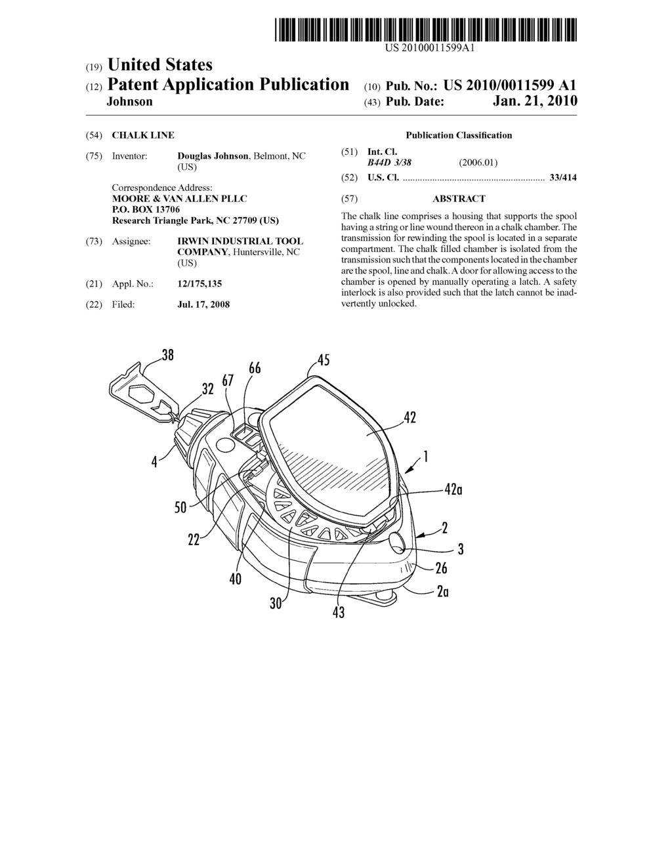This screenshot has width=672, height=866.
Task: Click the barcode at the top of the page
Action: (x=425, y=30)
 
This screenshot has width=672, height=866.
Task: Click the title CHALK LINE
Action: (x=143, y=135)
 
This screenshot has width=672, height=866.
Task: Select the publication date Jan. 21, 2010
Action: (x=535, y=101)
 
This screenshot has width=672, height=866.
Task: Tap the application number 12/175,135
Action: (x=199, y=284)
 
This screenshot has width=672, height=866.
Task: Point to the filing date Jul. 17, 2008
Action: (x=203, y=304)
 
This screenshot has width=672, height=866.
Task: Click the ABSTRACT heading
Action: (x=459, y=199)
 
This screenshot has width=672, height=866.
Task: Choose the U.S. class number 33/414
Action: (x=563, y=177)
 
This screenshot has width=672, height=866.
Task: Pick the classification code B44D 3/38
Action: (x=389, y=163)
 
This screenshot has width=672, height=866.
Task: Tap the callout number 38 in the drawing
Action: (x=167, y=355)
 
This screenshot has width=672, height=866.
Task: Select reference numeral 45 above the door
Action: (x=323, y=360)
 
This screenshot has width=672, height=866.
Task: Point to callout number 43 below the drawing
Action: (x=339, y=612)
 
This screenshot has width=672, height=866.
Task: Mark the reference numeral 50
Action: (x=180, y=506)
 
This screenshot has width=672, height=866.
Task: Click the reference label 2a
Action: (x=443, y=591)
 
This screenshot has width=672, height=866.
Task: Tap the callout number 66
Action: (x=255, y=368)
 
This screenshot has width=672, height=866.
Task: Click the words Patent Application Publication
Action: (x=228, y=85)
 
